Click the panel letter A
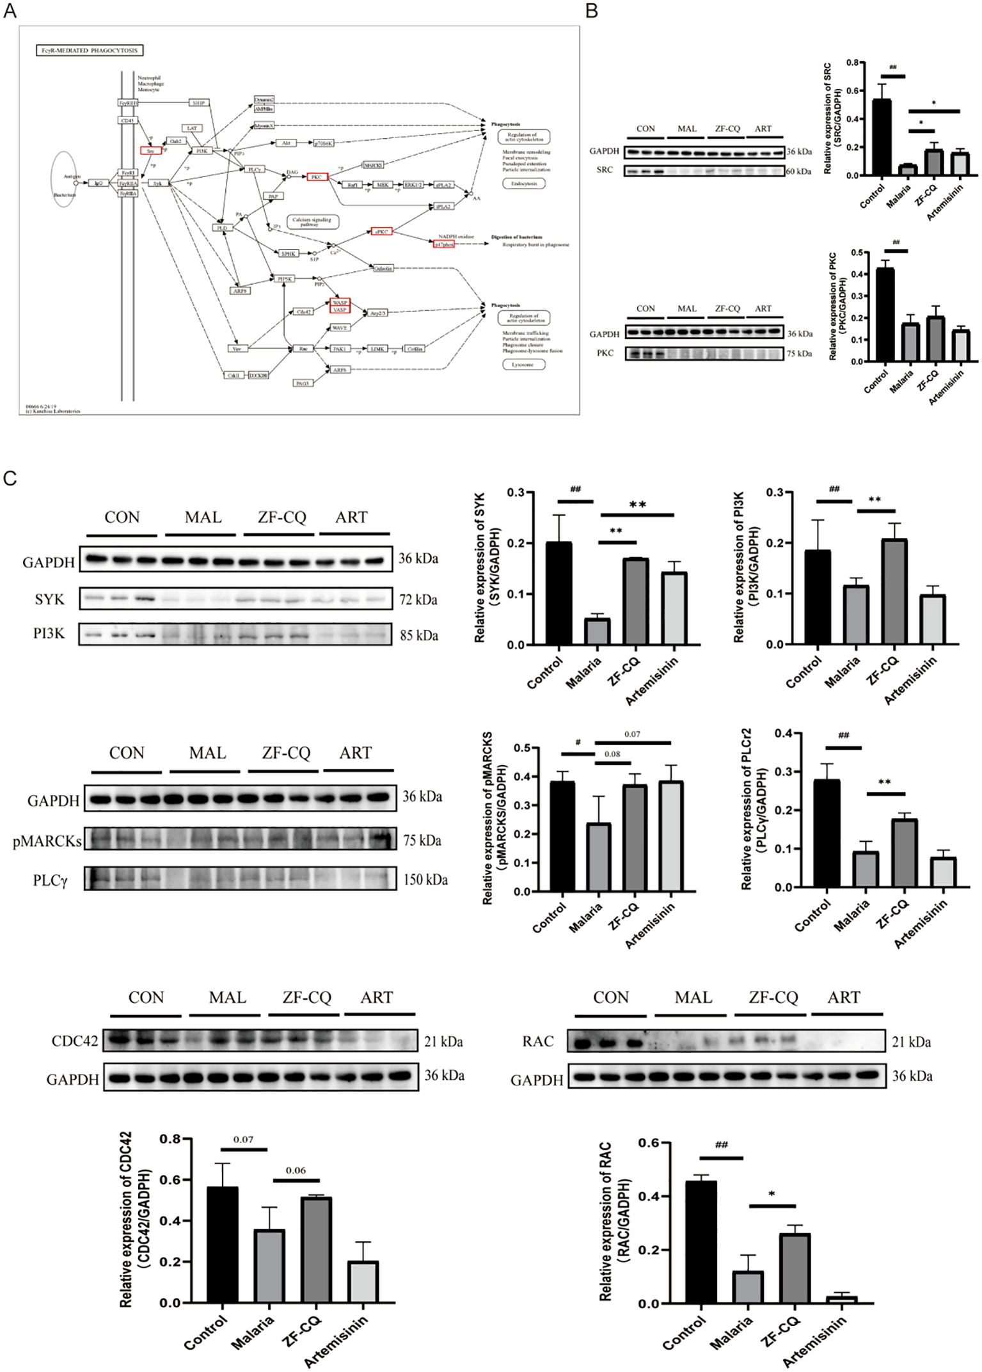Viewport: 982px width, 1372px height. [10, 12]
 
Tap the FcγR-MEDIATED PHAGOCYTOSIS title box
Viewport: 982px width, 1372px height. [90, 50]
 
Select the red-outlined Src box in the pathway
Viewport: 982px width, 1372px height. [150, 151]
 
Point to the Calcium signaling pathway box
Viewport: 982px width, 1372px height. [312, 222]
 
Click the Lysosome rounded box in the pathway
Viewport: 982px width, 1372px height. [523, 365]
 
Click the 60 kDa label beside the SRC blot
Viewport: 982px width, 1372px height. [800, 171]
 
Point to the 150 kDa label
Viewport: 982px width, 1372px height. [425, 880]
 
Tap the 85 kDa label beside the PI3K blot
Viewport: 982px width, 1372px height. [419, 636]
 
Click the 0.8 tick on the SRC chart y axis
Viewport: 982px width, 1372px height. [851, 63]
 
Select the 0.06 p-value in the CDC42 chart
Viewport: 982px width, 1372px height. [296, 1171]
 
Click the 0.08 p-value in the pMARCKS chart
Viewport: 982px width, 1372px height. [612, 754]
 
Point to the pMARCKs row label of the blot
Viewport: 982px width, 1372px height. [47, 841]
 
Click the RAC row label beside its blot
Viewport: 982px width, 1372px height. [538, 1042]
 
